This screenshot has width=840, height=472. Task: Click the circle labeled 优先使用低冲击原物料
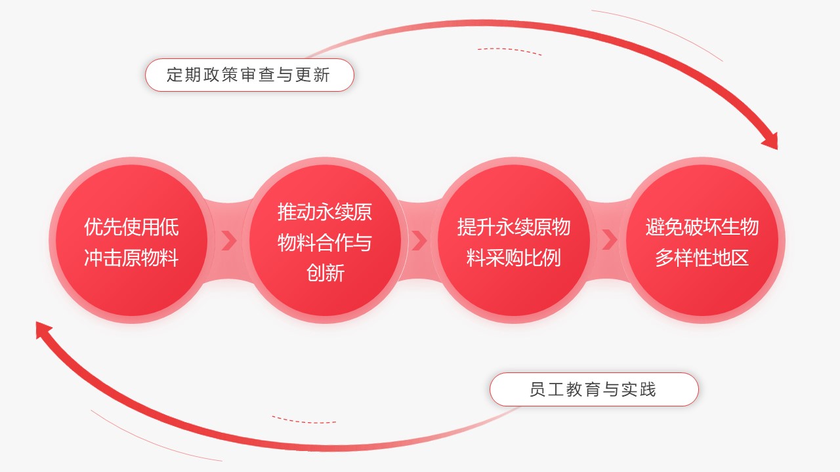pyautogui.click(x=132, y=240)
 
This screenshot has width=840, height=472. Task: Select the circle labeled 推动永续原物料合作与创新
pyautogui.click(x=325, y=240)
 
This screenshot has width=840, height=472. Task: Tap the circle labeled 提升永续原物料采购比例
pyautogui.click(x=514, y=240)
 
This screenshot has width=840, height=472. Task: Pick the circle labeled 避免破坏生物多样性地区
pyautogui.click(x=702, y=240)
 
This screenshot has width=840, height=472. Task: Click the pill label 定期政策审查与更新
pyautogui.click(x=249, y=75)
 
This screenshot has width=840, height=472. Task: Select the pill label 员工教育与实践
pyautogui.click(x=594, y=389)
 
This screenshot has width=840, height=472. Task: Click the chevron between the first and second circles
pyautogui.click(x=229, y=241)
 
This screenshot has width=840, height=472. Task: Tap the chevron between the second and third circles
pyautogui.click(x=419, y=241)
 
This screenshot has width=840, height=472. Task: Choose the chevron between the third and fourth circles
pyautogui.click(x=610, y=241)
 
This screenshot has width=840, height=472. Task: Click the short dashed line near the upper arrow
pyautogui.click(x=509, y=51)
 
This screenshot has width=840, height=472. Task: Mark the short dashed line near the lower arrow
pyautogui.click(x=304, y=420)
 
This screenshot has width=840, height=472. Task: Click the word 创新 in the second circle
pyautogui.click(x=325, y=273)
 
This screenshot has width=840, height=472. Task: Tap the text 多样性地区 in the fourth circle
pyautogui.click(x=702, y=258)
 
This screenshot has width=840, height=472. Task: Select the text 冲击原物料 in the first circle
pyautogui.click(x=131, y=258)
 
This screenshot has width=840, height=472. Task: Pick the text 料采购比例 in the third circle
pyautogui.click(x=514, y=258)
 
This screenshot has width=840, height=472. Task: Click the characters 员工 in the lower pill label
pyautogui.click(x=547, y=389)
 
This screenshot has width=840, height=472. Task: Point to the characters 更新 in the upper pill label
pyautogui.click(x=312, y=75)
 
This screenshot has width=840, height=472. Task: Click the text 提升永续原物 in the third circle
pyautogui.click(x=514, y=227)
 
